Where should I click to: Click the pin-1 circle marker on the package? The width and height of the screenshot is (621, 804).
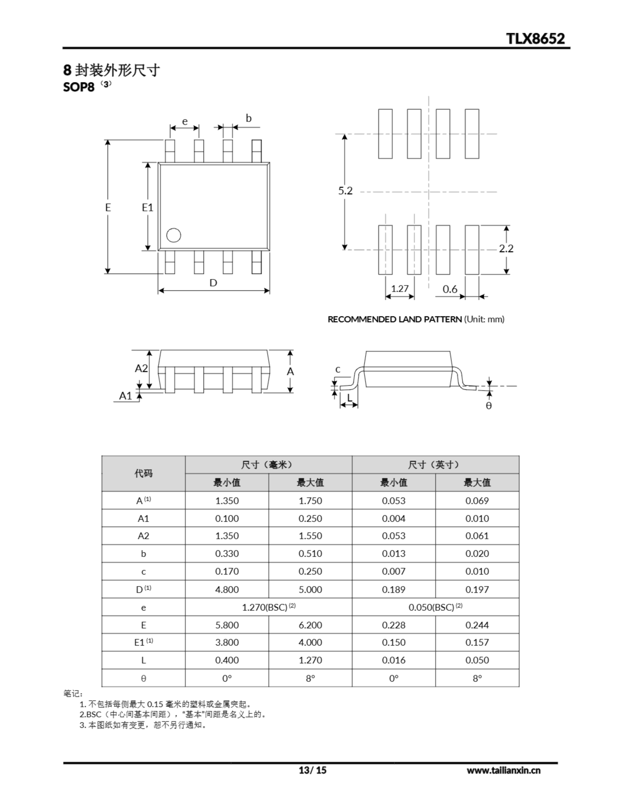(173, 235)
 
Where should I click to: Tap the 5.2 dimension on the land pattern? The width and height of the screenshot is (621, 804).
(345, 191)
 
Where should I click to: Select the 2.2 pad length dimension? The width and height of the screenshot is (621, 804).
(506, 248)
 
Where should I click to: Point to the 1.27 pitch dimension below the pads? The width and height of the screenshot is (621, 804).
(400, 289)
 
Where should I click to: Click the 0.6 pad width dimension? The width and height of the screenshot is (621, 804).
(450, 289)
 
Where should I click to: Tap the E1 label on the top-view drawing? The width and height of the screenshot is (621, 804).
(147, 208)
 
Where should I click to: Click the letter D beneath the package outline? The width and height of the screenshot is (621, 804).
(213, 283)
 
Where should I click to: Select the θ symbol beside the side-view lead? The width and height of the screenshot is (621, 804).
(489, 406)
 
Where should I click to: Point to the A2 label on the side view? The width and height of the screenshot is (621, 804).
(141, 368)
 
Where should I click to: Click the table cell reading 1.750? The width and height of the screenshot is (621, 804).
(310, 501)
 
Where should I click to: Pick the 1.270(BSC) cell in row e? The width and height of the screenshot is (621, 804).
(268, 607)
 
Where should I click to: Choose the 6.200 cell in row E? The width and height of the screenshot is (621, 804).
(310, 625)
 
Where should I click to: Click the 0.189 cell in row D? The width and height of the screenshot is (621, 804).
(393, 589)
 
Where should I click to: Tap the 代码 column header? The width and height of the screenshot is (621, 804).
(143, 473)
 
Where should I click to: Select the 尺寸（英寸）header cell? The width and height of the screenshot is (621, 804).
(435, 465)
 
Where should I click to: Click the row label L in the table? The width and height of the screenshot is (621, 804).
(143, 660)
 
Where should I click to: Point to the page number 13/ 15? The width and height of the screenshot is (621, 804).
(312, 770)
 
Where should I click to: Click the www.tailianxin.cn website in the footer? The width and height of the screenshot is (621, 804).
(504, 770)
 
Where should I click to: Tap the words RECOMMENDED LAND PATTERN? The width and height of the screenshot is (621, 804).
(395, 319)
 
